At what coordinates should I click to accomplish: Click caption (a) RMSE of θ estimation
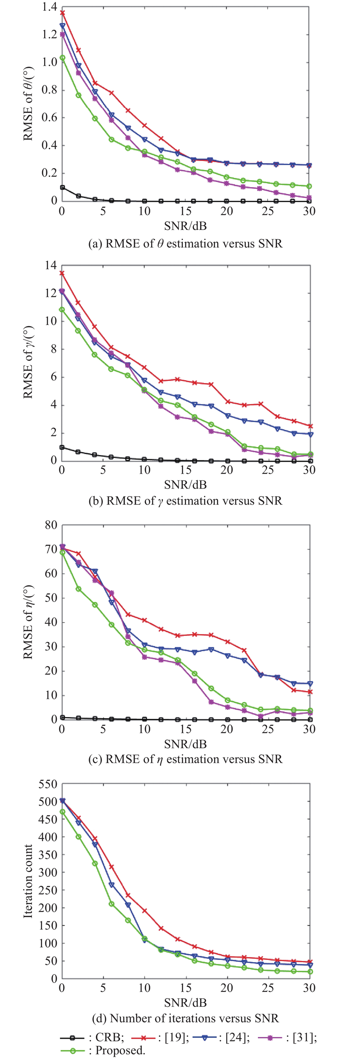coord(185,244)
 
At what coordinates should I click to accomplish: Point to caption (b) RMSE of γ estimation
coord(185,501)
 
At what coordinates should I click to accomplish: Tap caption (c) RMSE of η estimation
coord(185,759)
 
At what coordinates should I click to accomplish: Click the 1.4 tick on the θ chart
coord(49,7)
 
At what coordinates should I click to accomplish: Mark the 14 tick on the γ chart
coord(52,265)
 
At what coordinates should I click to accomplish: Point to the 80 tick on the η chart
coord(52,525)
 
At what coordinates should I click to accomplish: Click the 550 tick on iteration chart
coord(49,784)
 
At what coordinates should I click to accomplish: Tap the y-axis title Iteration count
coord(28,881)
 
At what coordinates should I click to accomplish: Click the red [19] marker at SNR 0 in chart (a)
coord(63,13)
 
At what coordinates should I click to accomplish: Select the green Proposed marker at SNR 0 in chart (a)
coord(63,58)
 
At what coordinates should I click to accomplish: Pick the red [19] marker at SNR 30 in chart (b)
coord(309,426)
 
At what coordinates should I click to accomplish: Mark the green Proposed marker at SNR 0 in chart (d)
coord(63,812)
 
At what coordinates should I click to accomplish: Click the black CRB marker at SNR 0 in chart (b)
coord(63,447)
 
